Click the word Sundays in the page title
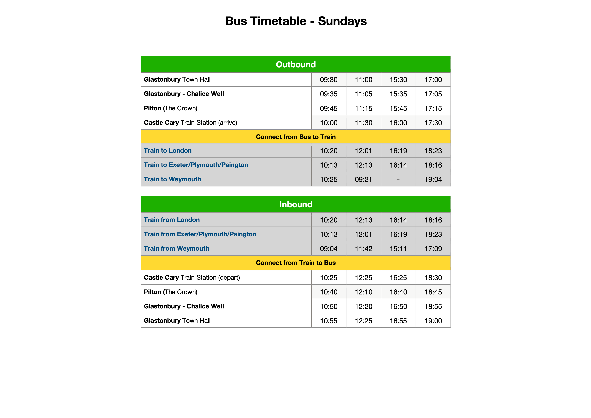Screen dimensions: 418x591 (x=342, y=21)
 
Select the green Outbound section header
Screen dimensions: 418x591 (x=296, y=64)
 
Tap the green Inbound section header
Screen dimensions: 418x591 (x=296, y=204)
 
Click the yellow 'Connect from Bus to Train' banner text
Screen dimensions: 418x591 (x=296, y=137)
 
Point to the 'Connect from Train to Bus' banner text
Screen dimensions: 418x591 (x=296, y=263)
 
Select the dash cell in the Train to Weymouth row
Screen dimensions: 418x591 (x=398, y=179)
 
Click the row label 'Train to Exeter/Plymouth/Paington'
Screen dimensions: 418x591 (x=196, y=165)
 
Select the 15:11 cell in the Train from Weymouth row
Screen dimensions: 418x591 (x=398, y=249)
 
